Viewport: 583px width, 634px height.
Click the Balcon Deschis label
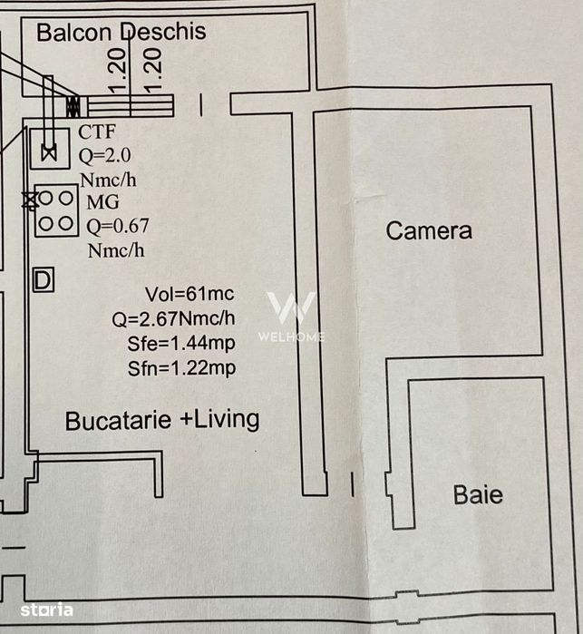point(121,32)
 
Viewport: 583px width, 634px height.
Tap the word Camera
point(429,231)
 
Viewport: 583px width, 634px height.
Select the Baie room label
point(478,495)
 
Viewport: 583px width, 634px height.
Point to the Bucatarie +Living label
point(162,420)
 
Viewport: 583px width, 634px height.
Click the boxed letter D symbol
point(44,279)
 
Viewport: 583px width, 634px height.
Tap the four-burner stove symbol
point(56,210)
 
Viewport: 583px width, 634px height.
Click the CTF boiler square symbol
point(50,149)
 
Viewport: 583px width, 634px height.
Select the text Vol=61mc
point(189,294)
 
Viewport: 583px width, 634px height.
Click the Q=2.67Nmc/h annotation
point(173,319)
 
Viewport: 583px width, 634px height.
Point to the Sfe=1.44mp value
point(181,344)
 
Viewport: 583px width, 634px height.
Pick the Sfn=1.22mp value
point(182,368)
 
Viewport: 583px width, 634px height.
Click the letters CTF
point(97,132)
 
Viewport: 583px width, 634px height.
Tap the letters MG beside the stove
point(103,202)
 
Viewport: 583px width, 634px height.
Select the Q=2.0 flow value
point(104,156)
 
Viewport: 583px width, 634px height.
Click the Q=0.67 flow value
point(118,226)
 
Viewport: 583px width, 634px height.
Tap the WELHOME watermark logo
point(291,316)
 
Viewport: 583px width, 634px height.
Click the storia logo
point(47,610)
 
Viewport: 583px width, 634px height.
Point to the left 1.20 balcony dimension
point(117,71)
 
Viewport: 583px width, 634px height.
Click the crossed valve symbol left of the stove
point(30,200)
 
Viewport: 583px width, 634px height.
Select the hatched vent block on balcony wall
point(73,106)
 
